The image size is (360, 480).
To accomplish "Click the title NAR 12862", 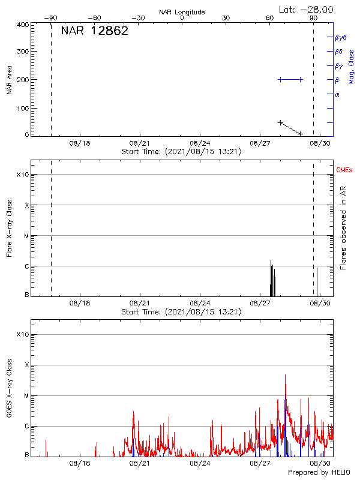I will click(x=95, y=31).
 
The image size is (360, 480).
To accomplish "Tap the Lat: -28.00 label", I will click(x=307, y=9).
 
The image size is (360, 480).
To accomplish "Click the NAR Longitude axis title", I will click(x=182, y=11).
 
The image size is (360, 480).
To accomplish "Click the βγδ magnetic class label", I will click(x=341, y=37).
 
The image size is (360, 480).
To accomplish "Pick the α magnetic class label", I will click(x=337, y=94).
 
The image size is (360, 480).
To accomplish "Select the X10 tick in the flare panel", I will click(x=23, y=175).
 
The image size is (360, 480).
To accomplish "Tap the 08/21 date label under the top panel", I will click(x=139, y=143).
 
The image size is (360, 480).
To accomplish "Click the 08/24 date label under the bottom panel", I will click(x=200, y=463).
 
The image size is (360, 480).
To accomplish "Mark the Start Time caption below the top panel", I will click(x=181, y=151).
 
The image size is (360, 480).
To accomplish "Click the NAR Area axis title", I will click(x=9, y=80).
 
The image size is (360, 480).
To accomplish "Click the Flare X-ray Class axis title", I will click(x=9, y=227).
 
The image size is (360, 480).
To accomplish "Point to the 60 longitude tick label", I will click(x=271, y=18).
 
